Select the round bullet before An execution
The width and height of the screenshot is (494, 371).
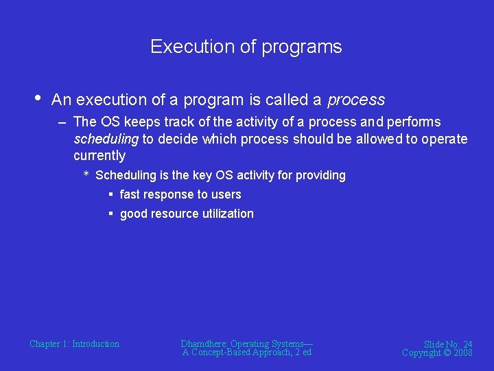tap(37, 98)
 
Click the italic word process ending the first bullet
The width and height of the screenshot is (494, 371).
tap(356, 100)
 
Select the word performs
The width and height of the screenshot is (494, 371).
tap(414, 122)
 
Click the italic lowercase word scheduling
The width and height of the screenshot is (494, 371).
tap(106, 139)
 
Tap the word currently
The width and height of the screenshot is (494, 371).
tap(99, 156)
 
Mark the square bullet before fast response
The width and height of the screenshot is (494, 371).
tap(110, 195)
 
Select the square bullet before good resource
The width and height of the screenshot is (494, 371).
tap(110, 214)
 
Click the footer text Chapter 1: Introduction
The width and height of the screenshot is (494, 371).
tap(74, 344)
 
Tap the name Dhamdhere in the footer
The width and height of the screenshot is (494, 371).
tap(204, 344)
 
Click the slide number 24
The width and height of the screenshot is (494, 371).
tap(467, 344)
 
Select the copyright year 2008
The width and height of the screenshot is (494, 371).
tap(462, 353)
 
